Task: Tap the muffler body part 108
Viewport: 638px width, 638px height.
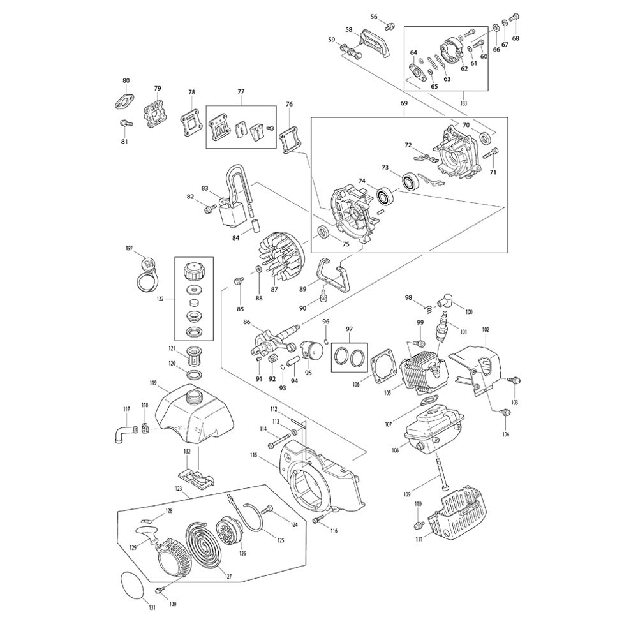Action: coord(433,429)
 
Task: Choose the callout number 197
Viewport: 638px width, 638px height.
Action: coord(130,249)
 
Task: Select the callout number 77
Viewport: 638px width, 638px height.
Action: coord(241,92)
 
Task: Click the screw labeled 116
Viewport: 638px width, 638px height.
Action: coord(316,521)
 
